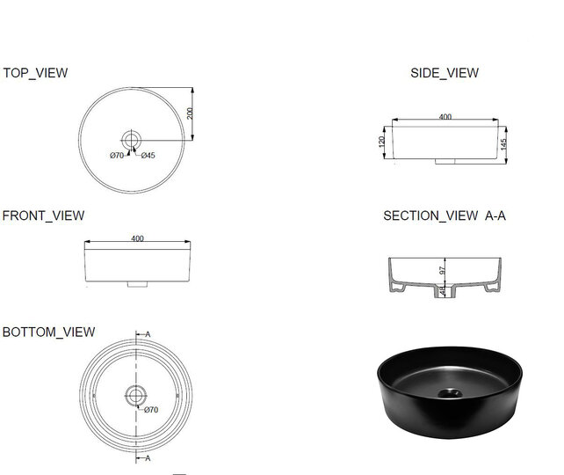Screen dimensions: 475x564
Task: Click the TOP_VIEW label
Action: pos(35,73)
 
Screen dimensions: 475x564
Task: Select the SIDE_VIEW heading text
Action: pos(445,73)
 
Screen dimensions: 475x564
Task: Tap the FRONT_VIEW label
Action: pos(44,216)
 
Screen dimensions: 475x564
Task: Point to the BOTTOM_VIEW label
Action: pos(49,332)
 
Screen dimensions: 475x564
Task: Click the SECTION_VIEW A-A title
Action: pos(445,216)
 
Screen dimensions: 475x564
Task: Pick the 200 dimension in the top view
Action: pos(190,113)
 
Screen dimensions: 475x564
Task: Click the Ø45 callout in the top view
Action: pos(148,156)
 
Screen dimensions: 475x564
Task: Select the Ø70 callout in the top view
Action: pos(117,156)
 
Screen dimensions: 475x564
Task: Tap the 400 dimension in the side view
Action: pos(445,117)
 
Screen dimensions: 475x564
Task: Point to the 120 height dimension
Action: pos(382,142)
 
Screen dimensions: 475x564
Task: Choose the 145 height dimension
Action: pos(505,143)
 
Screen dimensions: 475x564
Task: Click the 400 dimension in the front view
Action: pos(137,237)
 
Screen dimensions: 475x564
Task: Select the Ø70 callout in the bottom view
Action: pos(149,410)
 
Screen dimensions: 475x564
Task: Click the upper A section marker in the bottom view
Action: pos(148,334)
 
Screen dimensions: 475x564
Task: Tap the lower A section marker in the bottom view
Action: pos(148,458)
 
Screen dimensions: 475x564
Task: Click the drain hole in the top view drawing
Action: pos(132,140)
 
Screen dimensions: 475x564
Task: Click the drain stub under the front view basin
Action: pos(136,285)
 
